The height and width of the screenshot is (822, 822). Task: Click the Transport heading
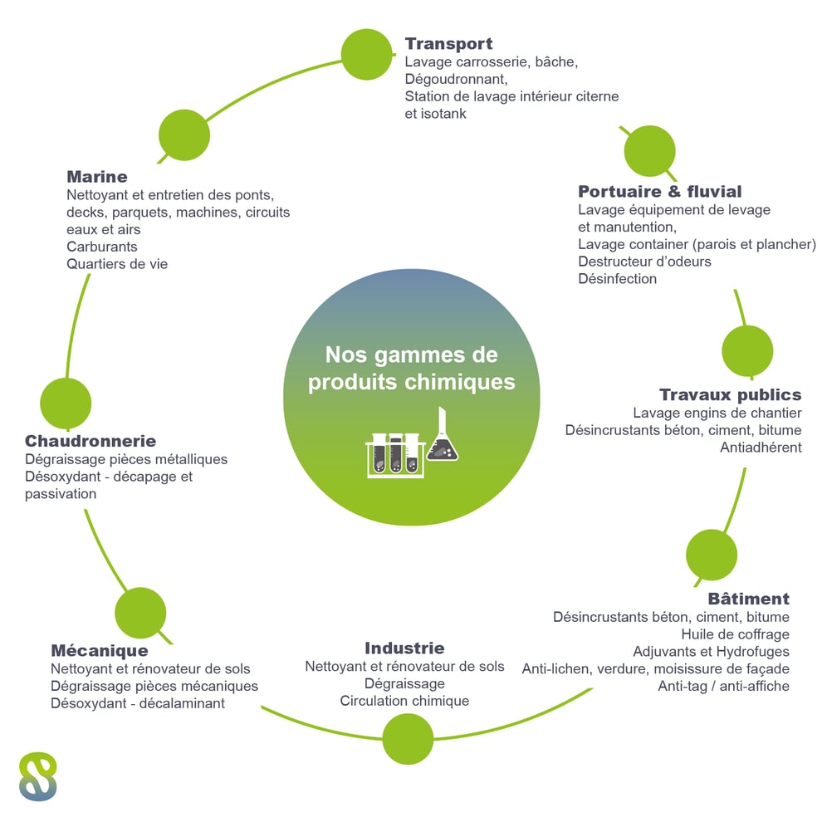(x=448, y=44)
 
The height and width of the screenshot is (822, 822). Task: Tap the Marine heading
(x=97, y=177)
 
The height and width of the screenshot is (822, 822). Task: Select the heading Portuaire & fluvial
(x=660, y=191)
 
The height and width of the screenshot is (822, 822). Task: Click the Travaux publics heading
(x=731, y=394)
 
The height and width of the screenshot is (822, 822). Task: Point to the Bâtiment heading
(x=749, y=598)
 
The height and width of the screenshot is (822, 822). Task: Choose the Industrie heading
(x=404, y=648)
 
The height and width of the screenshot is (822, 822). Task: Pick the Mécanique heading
(x=100, y=651)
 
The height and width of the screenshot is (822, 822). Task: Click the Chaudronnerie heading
(x=91, y=441)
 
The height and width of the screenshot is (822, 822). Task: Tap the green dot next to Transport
(x=366, y=55)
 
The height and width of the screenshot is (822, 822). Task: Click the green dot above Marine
(x=184, y=135)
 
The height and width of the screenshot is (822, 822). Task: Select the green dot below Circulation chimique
(x=408, y=739)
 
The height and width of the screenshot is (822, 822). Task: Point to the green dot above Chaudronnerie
(x=66, y=404)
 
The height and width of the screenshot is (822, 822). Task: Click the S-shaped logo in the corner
(x=37, y=776)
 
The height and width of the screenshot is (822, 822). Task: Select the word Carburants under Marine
(x=101, y=247)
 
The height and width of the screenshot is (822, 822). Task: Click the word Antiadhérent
(x=761, y=448)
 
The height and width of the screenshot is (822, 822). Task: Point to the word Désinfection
(x=617, y=278)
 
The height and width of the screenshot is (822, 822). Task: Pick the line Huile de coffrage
(x=735, y=634)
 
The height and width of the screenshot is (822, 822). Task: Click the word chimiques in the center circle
(x=460, y=382)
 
